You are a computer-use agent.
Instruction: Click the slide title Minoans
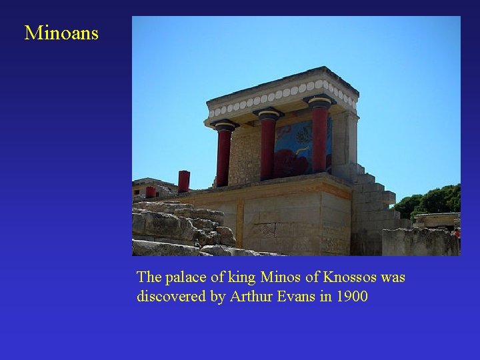click(61, 33)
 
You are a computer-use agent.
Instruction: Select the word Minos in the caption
click(281, 277)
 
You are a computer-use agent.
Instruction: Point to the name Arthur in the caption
click(251, 296)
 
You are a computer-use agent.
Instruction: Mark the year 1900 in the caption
click(351, 296)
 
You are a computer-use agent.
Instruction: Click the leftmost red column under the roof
click(223, 157)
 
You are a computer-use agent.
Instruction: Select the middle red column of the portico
click(267, 147)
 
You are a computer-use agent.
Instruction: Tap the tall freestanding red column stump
click(183, 181)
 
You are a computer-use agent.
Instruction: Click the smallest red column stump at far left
click(151, 191)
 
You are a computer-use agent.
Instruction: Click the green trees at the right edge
click(437, 200)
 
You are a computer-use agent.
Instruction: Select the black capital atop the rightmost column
click(319, 101)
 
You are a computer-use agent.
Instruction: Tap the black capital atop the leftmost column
click(224, 125)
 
